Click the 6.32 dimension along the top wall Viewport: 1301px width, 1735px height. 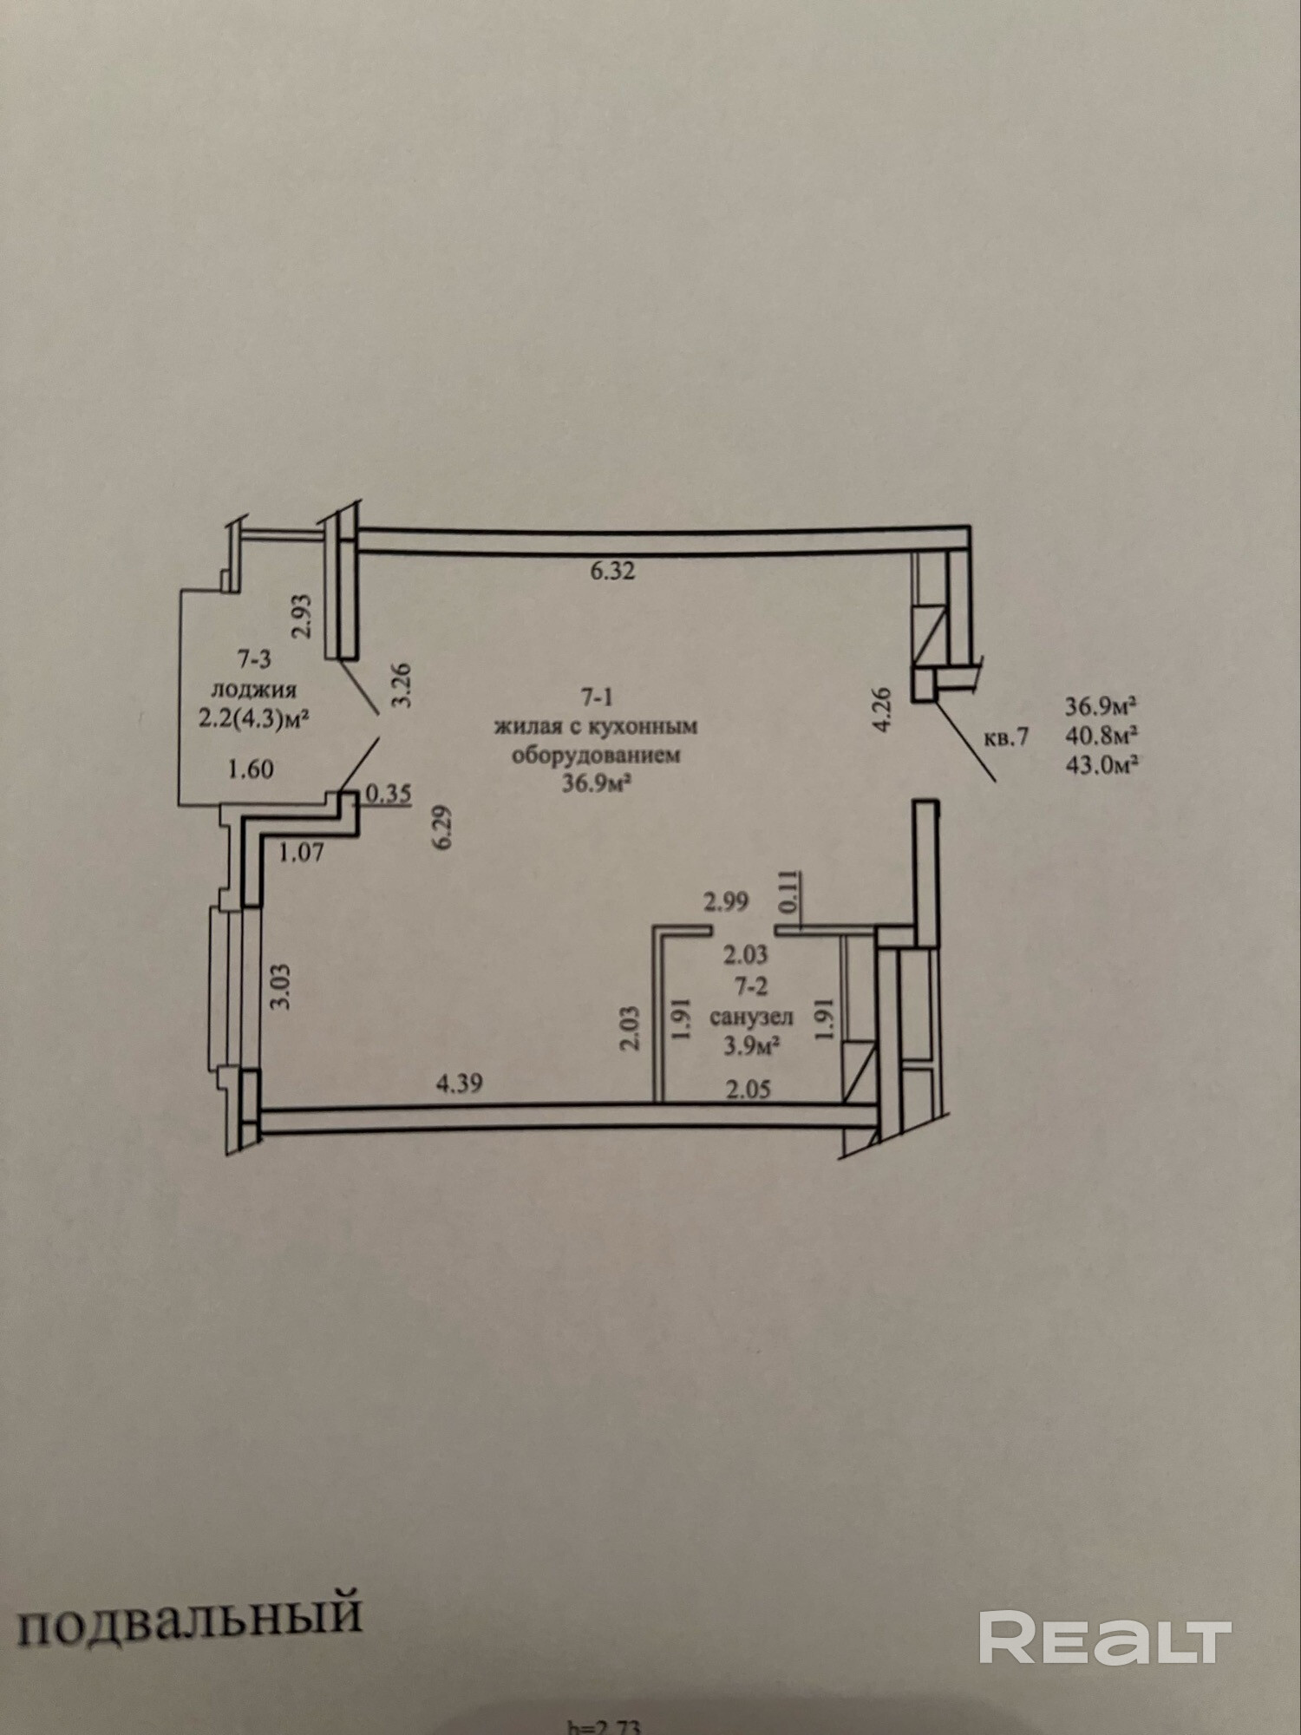(612, 572)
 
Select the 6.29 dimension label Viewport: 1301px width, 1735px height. (443, 828)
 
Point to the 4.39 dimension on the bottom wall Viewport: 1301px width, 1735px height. (459, 1084)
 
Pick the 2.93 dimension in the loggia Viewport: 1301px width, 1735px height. (301, 616)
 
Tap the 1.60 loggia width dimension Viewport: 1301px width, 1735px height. (251, 769)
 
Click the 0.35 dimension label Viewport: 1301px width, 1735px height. (388, 794)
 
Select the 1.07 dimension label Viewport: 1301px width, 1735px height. (301, 853)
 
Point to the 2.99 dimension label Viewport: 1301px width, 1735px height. (726, 902)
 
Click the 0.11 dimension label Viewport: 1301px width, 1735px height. (788, 892)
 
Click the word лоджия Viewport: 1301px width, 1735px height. (254, 690)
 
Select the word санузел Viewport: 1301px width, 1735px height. (751, 1017)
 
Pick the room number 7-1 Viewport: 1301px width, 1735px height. (597, 697)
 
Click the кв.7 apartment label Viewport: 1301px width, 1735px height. (1006, 738)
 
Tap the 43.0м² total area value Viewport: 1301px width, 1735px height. (1102, 766)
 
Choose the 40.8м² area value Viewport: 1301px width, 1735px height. (1102, 736)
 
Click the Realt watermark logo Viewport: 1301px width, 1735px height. (1105, 1638)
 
